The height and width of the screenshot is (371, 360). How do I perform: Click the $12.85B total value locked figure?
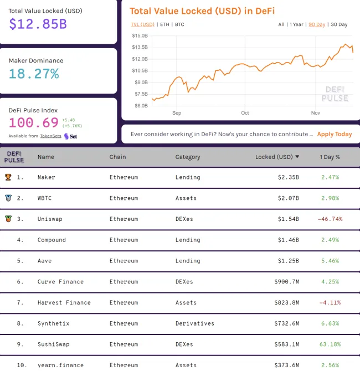tap(38, 24)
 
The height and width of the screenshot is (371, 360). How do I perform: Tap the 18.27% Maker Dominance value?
tap(34, 74)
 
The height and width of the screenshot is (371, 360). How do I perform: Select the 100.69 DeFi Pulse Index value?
tap(34, 122)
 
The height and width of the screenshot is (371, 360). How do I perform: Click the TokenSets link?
tap(50, 136)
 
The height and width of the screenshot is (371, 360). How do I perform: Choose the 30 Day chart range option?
tap(338, 24)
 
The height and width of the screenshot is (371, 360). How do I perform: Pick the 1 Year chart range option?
tap(296, 24)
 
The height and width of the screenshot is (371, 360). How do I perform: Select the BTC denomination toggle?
tap(179, 24)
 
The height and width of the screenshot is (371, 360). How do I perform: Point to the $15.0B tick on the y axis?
tap(140, 35)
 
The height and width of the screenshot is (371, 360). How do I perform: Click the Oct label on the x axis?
tap(245, 112)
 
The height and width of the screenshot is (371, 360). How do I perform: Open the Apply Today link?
tap(335, 134)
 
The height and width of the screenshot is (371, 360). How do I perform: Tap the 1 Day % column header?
tap(330, 157)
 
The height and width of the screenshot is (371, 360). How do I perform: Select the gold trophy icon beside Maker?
tap(8, 177)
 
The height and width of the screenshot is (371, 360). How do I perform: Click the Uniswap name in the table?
tap(50, 219)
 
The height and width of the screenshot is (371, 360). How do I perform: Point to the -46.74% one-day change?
tap(330, 219)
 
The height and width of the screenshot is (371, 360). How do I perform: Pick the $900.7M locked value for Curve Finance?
tap(286, 282)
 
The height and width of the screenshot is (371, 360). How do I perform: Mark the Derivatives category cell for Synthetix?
tap(194, 323)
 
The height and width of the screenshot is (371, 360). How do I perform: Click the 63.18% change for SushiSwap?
tap(330, 344)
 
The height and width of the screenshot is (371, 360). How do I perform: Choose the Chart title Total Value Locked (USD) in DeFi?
tap(202, 11)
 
